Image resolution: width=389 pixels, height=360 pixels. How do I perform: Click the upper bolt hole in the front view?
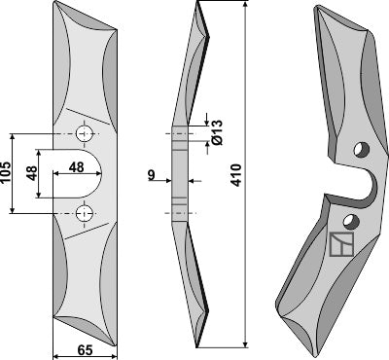pyautogui.click(x=86, y=131)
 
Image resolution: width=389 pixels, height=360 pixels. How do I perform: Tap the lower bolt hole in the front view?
pyautogui.click(x=86, y=212)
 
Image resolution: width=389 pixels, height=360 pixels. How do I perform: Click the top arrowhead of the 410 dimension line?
pyautogui.click(x=243, y=7)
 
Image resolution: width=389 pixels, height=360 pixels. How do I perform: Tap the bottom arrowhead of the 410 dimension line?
pyautogui.click(x=243, y=344)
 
